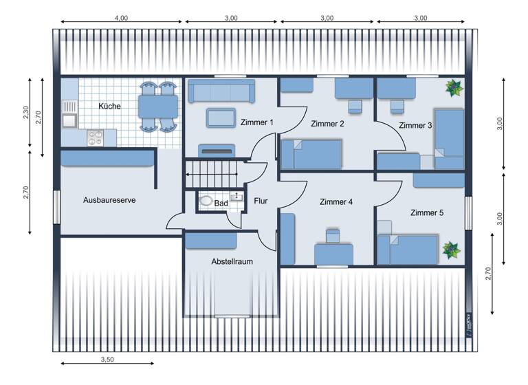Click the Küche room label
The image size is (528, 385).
click(x=109, y=107)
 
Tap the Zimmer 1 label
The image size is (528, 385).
click(x=257, y=122)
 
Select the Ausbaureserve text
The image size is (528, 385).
click(x=109, y=200)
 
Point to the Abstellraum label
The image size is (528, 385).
click(x=232, y=261)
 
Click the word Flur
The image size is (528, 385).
click(x=261, y=201)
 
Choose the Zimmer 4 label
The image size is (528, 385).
click(x=336, y=202)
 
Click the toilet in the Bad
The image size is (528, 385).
click(x=207, y=202)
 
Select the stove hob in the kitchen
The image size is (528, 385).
click(x=95, y=137)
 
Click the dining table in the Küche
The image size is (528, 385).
click(x=158, y=106)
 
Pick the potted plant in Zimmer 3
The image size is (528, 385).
click(x=453, y=88)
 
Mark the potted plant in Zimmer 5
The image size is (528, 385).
click(x=451, y=249)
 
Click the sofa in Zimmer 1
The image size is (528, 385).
click(x=221, y=90)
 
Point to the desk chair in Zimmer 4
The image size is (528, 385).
click(x=333, y=236)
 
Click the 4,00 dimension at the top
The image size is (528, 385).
click(x=121, y=19)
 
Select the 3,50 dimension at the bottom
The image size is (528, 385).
click(x=107, y=360)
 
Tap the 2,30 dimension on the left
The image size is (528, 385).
click(x=25, y=113)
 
